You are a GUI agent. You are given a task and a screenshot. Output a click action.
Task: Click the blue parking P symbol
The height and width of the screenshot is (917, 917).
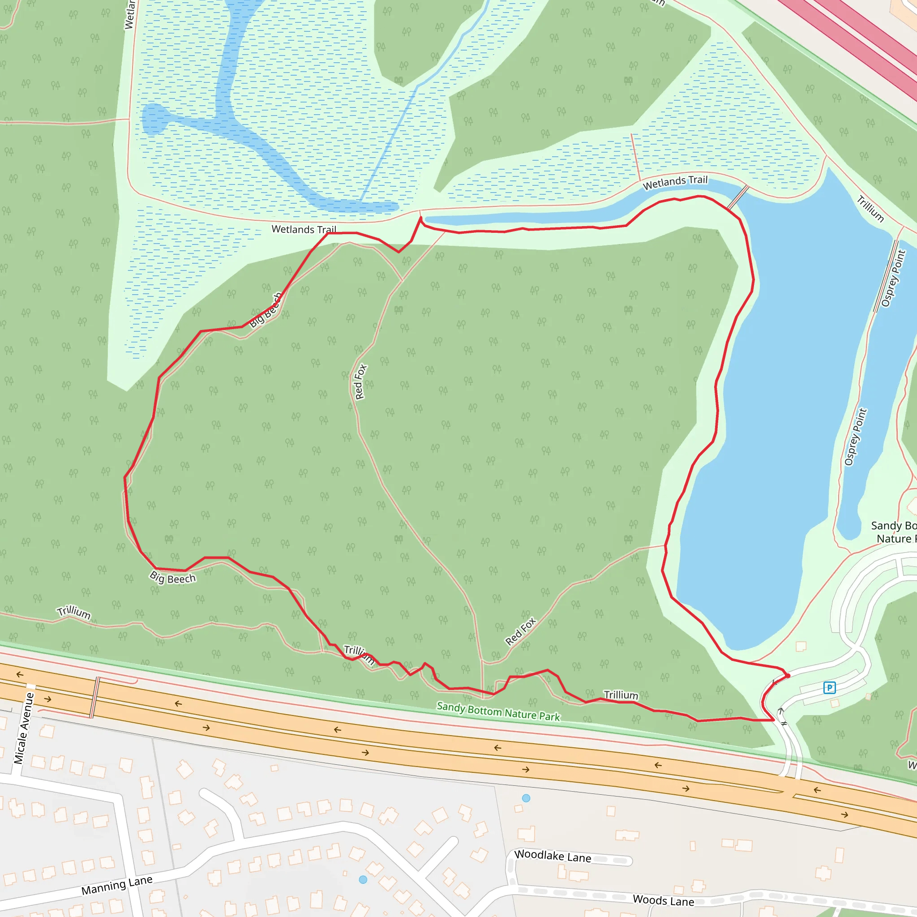click(829, 687)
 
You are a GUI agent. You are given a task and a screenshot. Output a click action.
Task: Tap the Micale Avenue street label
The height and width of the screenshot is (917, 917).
click(24, 728)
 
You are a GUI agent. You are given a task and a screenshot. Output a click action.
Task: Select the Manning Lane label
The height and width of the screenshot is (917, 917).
click(117, 885)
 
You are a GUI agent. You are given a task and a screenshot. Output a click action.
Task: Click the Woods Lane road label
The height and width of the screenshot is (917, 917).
click(663, 900)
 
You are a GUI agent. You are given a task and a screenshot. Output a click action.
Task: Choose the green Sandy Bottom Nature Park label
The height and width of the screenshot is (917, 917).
click(498, 711)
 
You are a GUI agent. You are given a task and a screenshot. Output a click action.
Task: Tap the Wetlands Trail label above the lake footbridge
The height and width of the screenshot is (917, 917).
click(675, 182)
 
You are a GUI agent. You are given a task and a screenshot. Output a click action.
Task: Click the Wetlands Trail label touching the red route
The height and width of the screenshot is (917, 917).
click(304, 229)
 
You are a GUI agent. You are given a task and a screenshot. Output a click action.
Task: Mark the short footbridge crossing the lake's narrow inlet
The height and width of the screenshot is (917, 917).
click(738, 197)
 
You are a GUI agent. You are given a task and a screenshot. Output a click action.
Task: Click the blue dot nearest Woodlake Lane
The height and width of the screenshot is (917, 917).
click(526, 798)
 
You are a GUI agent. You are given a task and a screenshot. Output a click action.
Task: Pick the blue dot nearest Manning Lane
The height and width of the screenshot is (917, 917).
click(363, 879)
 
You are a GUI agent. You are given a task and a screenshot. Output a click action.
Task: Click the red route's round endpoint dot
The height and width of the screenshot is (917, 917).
click(788, 676)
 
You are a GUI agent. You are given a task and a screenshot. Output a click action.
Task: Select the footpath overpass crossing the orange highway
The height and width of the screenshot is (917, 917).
click(95, 697)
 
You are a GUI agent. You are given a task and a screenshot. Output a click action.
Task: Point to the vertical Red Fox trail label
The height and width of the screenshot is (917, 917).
click(360, 381)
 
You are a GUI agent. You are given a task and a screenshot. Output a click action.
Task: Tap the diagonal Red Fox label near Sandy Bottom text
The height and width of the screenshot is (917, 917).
click(520, 631)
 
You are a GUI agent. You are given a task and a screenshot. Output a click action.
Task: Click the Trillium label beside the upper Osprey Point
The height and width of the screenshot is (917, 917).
click(870, 209)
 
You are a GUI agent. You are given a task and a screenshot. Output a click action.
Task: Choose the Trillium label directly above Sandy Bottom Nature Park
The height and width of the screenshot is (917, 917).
click(621, 695)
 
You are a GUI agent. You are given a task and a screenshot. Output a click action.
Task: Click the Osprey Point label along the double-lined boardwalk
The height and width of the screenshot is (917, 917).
click(893, 279)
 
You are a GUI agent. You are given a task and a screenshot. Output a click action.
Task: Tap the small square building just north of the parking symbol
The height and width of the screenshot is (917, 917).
click(801, 646)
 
